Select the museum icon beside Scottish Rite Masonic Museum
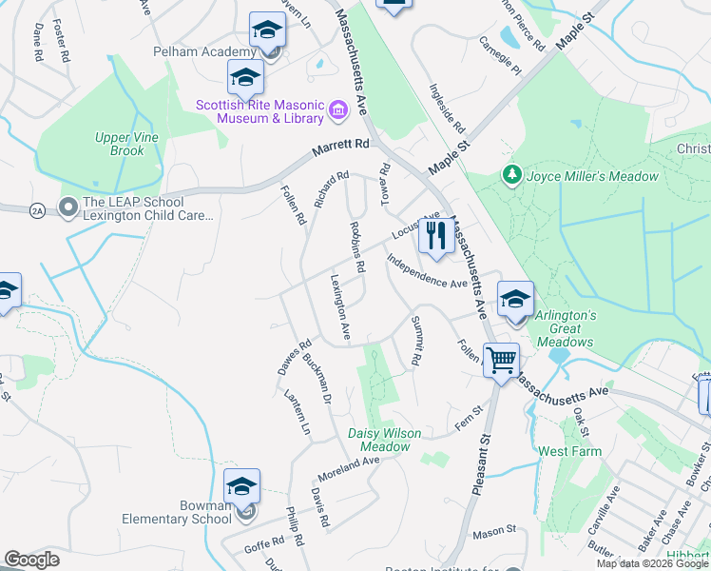pyautogui.click(x=337, y=111)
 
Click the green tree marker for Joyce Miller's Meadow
pyautogui.click(x=512, y=175)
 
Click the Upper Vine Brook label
pyautogui.click(x=120, y=145)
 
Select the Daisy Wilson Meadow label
pyautogui.click(x=385, y=440)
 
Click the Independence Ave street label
pyautogui.click(x=427, y=271)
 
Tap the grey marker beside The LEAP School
pyautogui.click(x=68, y=206)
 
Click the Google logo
pyautogui.click(x=31, y=560)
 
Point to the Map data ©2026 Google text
pyautogui.click(x=653, y=563)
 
